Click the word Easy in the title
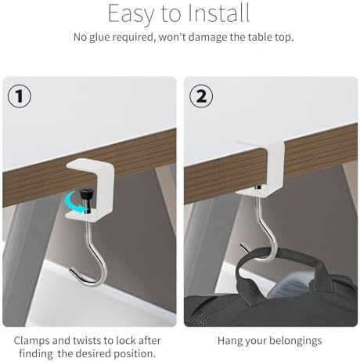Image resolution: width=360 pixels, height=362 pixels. (x=131, y=13)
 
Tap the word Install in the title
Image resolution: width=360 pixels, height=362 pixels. (x=218, y=13)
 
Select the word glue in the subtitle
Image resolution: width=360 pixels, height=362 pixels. (x=100, y=38)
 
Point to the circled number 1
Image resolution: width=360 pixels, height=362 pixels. (x=20, y=96)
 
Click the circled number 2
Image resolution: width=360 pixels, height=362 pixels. (x=201, y=96)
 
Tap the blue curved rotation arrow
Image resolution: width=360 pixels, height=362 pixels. (x=74, y=201)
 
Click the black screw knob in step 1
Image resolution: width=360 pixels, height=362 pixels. (x=87, y=197)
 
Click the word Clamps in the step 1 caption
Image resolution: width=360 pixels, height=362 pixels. (x=31, y=341)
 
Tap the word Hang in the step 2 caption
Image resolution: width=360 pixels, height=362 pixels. (x=229, y=341)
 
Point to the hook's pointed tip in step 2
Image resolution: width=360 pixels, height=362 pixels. (x=241, y=244)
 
